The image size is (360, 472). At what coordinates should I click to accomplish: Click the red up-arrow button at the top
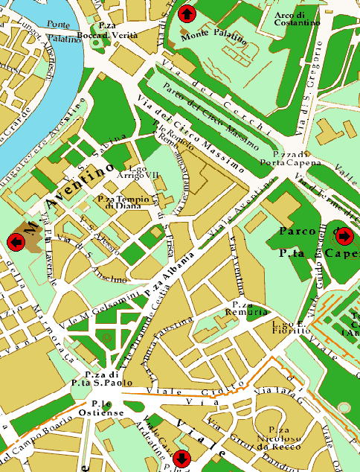(187, 13)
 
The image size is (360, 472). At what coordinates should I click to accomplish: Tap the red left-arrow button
(15, 241)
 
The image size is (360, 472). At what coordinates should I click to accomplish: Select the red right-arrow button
(344, 236)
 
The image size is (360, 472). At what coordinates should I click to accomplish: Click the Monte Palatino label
(213, 36)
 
